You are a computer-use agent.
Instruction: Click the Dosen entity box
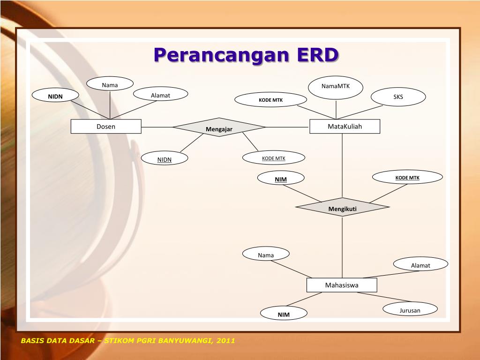point(106,127)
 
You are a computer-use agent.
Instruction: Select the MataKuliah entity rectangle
point(345,127)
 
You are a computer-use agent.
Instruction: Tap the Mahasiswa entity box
point(342,285)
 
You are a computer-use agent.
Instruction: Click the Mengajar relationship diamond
point(219,127)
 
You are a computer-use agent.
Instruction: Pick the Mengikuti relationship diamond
point(342,207)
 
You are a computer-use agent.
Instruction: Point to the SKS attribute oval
point(398,97)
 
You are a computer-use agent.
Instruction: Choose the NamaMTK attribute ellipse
point(336,87)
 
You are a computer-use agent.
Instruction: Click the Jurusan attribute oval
point(410,309)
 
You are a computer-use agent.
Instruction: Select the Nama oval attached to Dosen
point(110,84)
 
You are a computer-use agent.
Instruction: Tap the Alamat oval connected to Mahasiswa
point(420,265)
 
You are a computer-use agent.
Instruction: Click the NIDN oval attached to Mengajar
point(165,159)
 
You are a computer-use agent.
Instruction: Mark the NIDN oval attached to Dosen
point(55,96)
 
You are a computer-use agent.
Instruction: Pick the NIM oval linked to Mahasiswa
point(284,314)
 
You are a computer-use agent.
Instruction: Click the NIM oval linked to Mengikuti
point(281,179)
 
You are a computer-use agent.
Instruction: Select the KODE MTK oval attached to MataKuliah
point(270,99)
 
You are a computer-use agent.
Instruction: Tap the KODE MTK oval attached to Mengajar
point(274,158)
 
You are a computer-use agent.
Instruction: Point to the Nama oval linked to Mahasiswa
point(266,255)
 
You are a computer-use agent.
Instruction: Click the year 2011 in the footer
point(226,341)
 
